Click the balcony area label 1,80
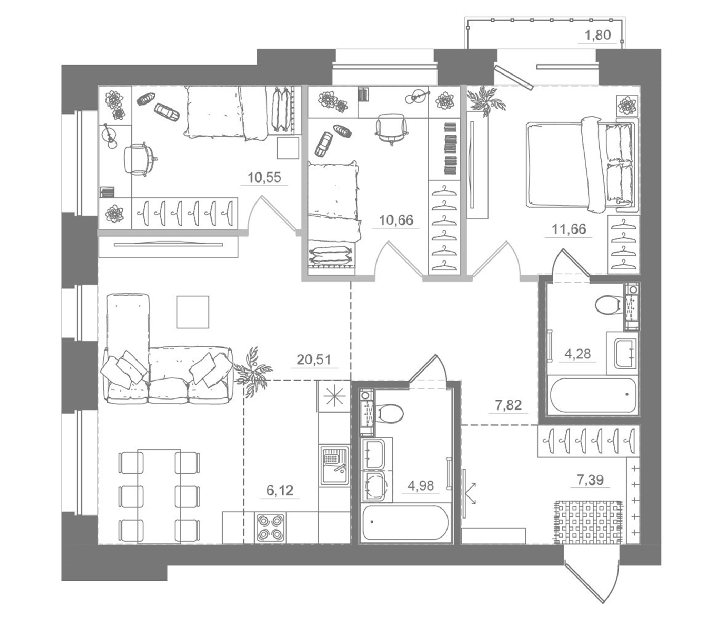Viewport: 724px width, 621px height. pyautogui.click(x=598, y=35)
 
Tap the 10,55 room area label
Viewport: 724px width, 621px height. pyautogui.click(x=264, y=177)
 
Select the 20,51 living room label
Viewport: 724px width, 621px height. pyautogui.click(x=313, y=359)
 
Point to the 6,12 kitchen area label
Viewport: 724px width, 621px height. pyautogui.click(x=280, y=491)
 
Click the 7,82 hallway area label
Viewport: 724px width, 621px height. pyautogui.click(x=508, y=405)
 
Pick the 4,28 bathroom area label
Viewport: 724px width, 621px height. pyautogui.click(x=577, y=354)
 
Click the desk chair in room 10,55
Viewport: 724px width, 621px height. pyautogui.click(x=139, y=159)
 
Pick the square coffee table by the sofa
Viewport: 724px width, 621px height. pyautogui.click(x=192, y=312)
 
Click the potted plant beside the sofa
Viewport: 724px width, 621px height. pyautogui.click(x=252, y=371)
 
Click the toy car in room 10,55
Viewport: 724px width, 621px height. pyautogui.click(x=167, y=111)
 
